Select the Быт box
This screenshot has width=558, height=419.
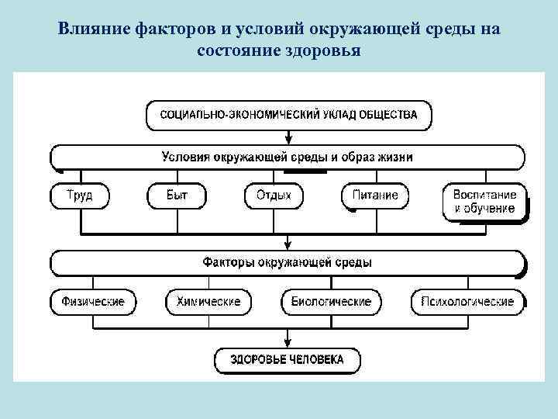point(177,196)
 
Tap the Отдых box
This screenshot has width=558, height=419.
point(274,196)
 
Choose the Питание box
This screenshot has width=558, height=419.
point(375,196)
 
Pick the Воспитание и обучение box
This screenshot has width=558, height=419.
point(484,202)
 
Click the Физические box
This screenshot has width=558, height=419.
point(92,301)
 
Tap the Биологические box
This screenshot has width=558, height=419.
point(331,301)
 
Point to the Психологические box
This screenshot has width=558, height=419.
point(467,301)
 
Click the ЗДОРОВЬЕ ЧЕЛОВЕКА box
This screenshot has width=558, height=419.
point(288,360)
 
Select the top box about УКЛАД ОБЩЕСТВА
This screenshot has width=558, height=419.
point(288,115)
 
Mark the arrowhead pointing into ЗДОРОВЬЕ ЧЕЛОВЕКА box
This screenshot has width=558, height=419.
point(288,344)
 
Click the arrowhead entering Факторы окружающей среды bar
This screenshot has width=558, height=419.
point(288,246)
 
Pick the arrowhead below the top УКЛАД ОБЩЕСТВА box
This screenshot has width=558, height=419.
point(288,140)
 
